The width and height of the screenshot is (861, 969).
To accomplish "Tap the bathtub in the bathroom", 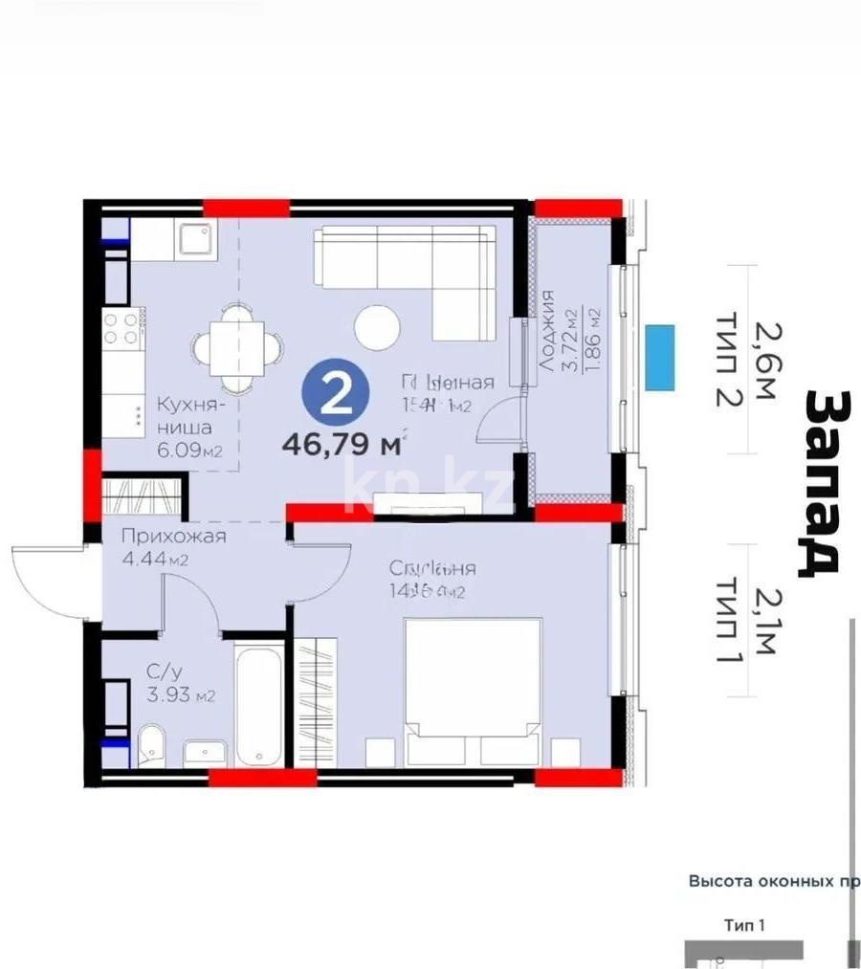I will (x=259, y=705).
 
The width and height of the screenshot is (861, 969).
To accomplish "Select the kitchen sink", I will (x=197, y=238).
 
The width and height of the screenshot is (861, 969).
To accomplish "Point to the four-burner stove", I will (x=123, y=329).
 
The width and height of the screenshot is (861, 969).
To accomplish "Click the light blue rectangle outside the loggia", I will (x=659, y=357).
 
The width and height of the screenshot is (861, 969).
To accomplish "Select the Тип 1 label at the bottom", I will (x=745, y=925).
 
